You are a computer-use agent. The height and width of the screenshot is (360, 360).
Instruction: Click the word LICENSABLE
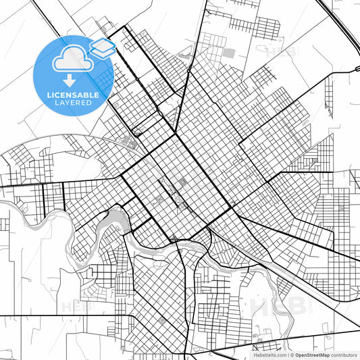(x=73, y=95)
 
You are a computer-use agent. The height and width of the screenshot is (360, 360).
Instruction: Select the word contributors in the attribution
(x=344, y=355)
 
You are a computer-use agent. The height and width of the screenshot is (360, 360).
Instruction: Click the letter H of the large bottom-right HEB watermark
(x=259, y=308)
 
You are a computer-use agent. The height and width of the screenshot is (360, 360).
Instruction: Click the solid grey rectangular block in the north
(x=229, y=53)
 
